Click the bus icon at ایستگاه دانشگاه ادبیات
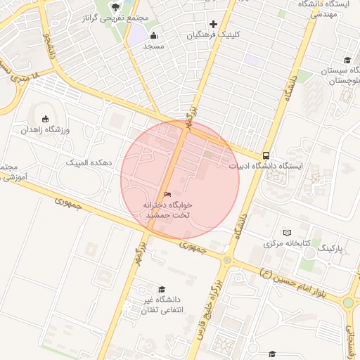(266, 155)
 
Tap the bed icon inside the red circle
(167, 194)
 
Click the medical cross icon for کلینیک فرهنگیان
(214, 25)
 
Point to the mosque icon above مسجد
(154, 36)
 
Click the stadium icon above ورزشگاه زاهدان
(46, 118)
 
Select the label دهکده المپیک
(89, 162)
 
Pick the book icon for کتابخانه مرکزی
(287, 233)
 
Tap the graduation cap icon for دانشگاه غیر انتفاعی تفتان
(162, 289)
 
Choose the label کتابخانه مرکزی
(287, 244)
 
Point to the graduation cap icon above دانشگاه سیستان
(347, 60)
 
